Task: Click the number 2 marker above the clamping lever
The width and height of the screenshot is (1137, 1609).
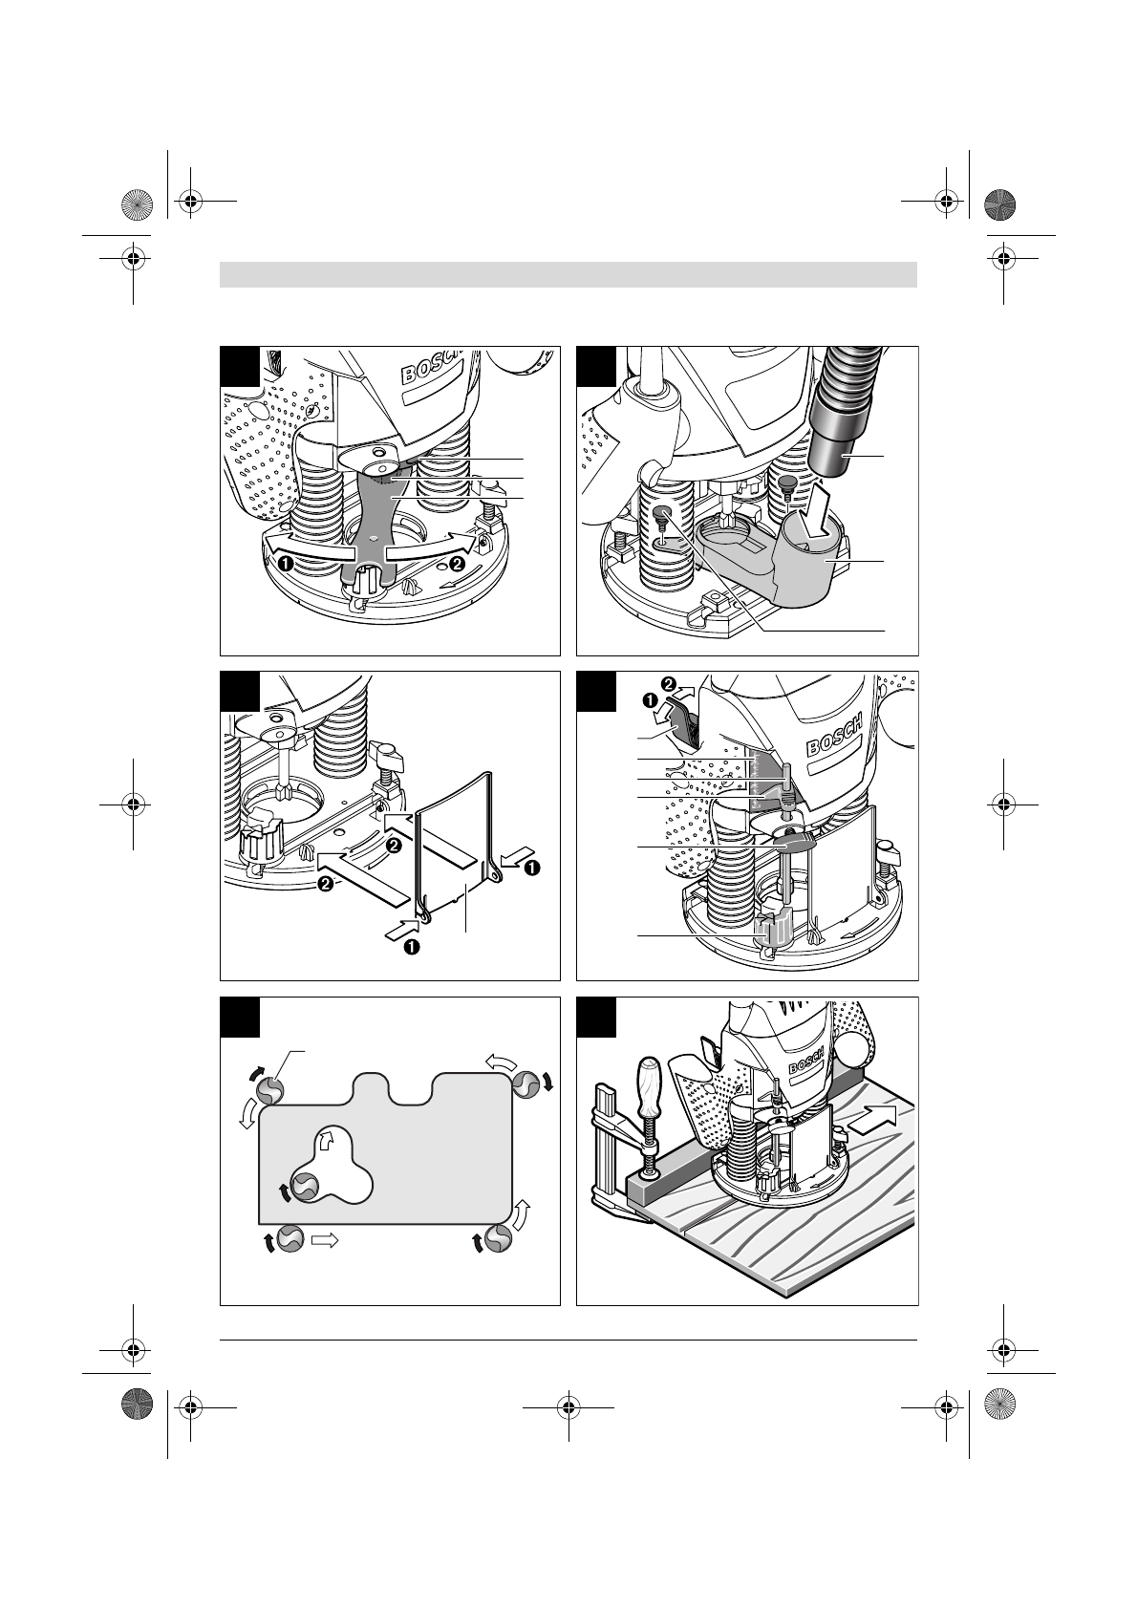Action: pos(667,681)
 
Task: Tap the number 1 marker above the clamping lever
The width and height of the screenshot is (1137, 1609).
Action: pos(651,698)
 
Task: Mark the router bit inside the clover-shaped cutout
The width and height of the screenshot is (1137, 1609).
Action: pos(305,1186)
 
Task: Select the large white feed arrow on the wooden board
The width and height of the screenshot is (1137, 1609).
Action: pos(872,1119)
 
